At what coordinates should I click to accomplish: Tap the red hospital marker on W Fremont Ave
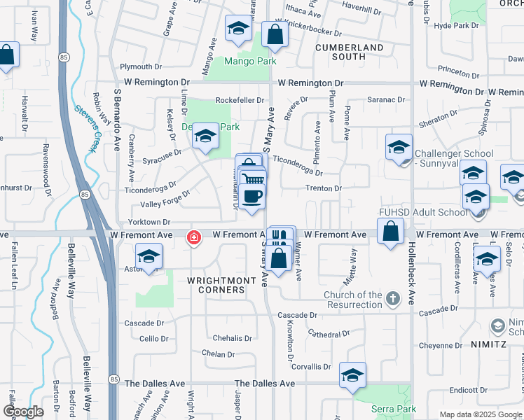193,239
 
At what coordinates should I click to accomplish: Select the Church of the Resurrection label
353,300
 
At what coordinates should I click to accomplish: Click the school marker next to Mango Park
238,30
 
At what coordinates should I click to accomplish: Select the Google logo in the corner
23,412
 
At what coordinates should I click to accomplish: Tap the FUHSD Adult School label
428,212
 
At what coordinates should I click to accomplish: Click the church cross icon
392,300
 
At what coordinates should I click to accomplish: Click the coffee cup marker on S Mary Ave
253,196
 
